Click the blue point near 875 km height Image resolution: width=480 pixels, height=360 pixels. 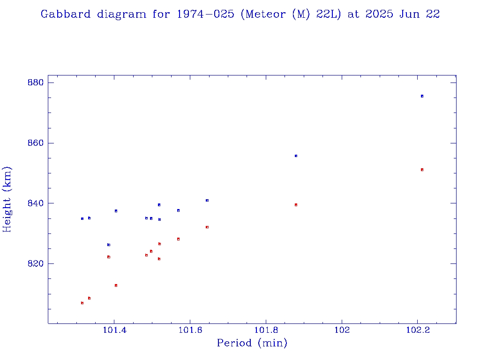(x=422, y=96)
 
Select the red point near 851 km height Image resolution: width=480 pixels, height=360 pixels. (x=422, y=170)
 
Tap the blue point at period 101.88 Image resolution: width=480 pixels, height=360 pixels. (x=296, y=156)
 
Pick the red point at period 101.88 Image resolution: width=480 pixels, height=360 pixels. (x=296, y=205)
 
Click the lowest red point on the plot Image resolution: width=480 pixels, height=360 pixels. (x=82, y=303)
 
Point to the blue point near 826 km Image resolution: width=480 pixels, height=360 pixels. (x=109, y=245)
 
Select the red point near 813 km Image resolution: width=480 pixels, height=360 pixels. (x=116, y=285)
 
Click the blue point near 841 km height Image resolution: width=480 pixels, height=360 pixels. (x=207, y=200)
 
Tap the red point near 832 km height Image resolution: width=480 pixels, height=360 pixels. (x=207, y=227)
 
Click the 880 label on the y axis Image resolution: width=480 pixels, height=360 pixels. (x=35, y=83)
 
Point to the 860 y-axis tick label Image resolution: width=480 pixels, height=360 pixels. (x=35, y=143)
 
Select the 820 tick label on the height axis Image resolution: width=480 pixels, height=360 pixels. (x=35, y=263)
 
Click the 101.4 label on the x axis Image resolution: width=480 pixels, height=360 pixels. (x=113, y=330)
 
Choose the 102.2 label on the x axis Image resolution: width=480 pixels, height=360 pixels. (x=418, y=330)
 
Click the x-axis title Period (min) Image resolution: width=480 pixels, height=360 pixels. (x=252, y=343)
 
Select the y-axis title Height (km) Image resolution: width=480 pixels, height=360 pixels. (x=7, y=199)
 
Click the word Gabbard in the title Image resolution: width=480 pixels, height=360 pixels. (x=65, y=14)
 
